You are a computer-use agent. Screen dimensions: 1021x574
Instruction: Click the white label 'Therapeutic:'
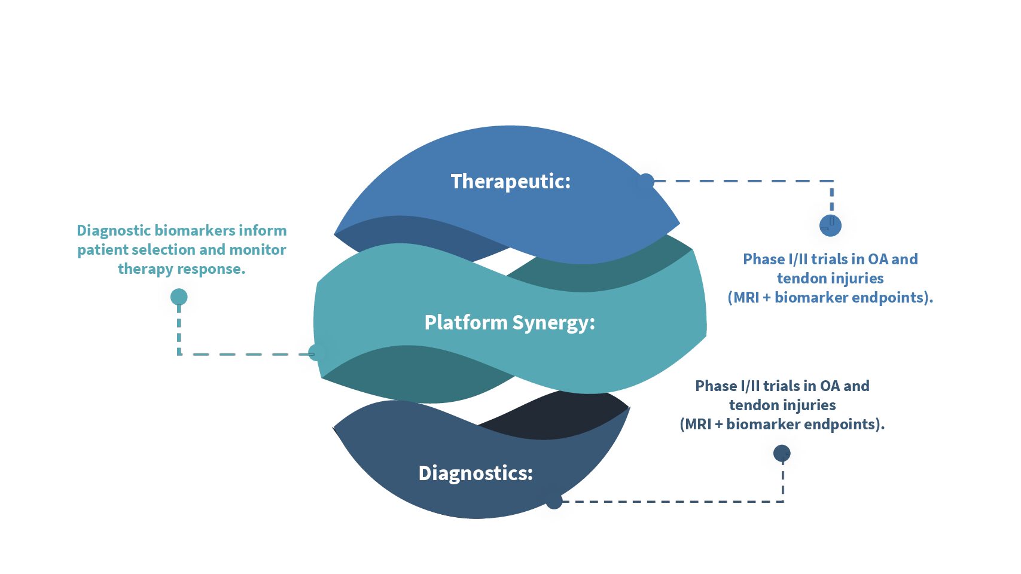[511, 181]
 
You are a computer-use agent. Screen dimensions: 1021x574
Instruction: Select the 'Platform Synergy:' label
[510, 322]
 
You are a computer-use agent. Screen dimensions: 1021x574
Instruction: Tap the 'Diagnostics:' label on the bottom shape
[476, 473]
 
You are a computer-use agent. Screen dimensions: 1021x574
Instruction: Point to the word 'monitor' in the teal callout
[258, 250]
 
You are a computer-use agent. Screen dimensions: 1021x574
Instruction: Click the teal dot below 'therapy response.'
[179, 297]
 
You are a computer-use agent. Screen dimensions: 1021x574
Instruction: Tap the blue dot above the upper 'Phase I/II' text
[830, 225]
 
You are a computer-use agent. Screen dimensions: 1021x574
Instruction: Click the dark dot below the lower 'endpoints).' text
[782, 453]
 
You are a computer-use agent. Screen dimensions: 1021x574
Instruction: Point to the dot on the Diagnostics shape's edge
[554, 500]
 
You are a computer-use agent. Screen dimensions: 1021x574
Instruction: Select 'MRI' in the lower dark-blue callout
[698, 425]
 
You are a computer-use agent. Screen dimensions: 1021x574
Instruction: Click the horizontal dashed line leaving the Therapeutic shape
[743, 181]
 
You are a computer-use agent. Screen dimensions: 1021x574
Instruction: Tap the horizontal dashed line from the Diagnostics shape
[672, 502]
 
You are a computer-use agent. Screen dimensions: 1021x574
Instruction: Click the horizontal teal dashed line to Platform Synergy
[246, 354]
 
